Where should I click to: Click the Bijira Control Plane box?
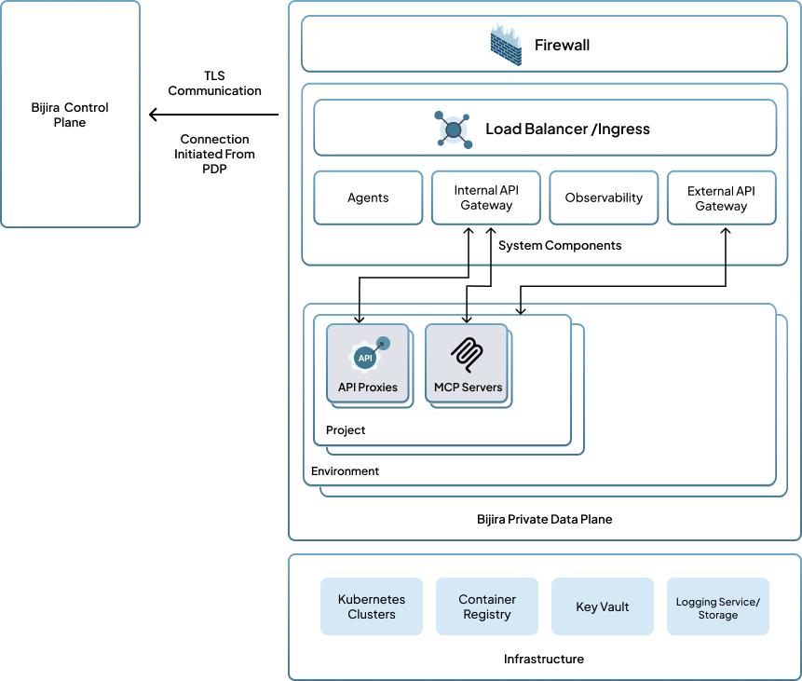coord(70,115)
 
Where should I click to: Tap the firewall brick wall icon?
coord(506,44)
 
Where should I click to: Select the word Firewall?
coord(562,45)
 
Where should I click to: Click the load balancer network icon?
coord(453,129)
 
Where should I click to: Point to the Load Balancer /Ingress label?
coord(567,129)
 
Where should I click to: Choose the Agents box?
coord(368,197)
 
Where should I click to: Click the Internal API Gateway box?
coord(485,197)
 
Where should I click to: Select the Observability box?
coord(604,197)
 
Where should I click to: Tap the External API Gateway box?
coord(721,197)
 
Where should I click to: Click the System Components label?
coord(560,245)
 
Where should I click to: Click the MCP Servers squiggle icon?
coord(467,353)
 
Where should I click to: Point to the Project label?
coord(346,430)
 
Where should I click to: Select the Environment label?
coord(345,471)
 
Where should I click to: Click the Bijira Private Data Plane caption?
coord(544,519)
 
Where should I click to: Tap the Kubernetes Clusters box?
coord(371,606)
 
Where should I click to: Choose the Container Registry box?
coord(487,606)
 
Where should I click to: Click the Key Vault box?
coord(603,606)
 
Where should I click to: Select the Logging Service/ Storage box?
coord(718,606)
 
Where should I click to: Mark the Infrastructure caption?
coord(544,659)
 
